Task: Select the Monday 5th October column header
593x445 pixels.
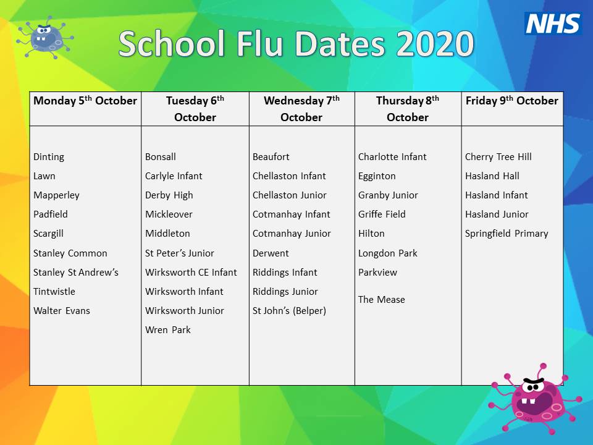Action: (x=85, y=101)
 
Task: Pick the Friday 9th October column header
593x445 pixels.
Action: (x=511, y=101)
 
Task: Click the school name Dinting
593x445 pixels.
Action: (x=49, y=157)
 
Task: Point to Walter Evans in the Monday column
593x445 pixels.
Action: (x=62, y=311)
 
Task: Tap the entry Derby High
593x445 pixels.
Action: (x=169, y=195)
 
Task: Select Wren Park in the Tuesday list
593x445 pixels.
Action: (x=168, y=330)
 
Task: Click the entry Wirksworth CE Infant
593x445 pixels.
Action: (x=191, y=273)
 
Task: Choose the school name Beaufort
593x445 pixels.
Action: (x=271, y=157)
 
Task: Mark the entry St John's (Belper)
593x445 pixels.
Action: (x=289, y=311)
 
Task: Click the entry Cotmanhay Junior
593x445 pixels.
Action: (x=292, y=234)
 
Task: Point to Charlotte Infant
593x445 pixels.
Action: (x=392, y=157)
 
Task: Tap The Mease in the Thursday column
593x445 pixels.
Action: (x=382, y=300)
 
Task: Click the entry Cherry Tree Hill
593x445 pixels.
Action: (x=498, y=157)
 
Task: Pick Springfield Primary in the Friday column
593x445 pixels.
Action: (x=507, y=234)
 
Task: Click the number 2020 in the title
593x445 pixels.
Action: (x=435, y=44)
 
